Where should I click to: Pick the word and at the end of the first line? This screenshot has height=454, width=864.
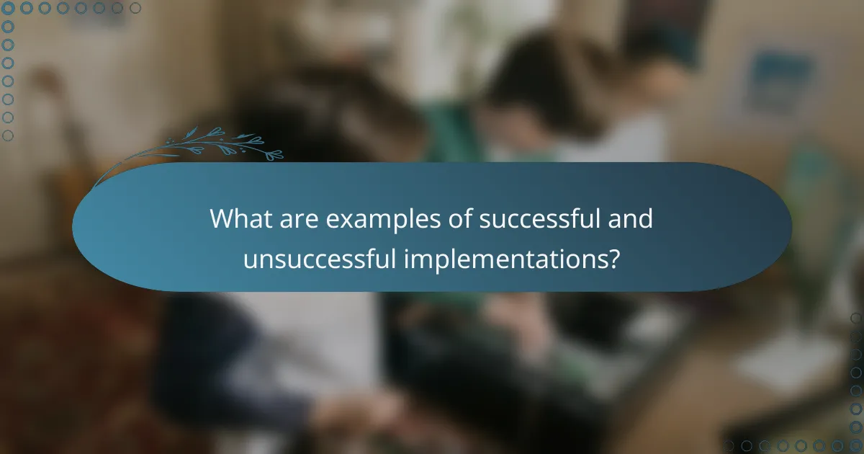pos(633,219)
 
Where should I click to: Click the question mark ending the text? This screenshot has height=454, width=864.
pos(613,259)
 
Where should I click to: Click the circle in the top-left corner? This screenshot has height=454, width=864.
pos(8,8)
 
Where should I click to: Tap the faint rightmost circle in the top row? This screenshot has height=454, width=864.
pos(135,8)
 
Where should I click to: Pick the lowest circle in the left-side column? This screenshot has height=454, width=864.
pos(8,135)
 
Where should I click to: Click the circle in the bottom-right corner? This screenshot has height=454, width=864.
pos(856,446)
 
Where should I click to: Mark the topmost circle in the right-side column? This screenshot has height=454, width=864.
pos(856,318)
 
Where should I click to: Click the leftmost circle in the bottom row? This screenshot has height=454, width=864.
pos(728,446)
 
